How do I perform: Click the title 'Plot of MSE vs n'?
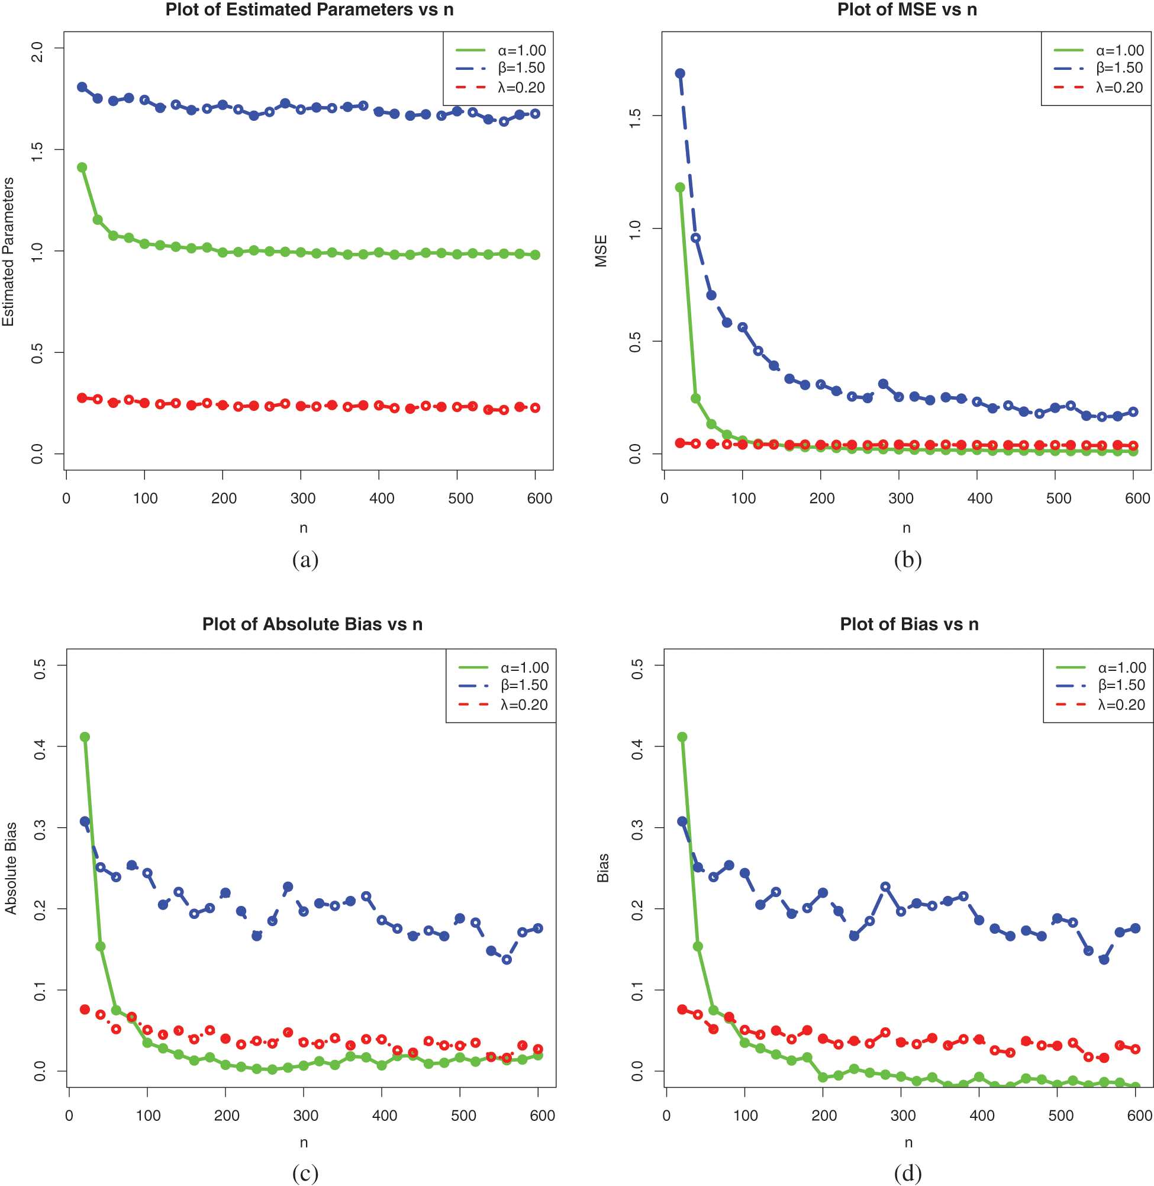(907, 9)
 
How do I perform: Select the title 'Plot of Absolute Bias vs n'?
(312, 625)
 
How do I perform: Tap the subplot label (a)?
(305, 560)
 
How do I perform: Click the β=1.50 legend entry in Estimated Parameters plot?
(521, 68)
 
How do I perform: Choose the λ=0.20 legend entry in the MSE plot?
(1119, 88)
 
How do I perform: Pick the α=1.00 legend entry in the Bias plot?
(1122, 667)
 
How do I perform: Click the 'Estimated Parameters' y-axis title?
(8, 251)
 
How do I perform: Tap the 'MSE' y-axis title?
(601, 251)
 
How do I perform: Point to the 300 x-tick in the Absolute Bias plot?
(305, 1116)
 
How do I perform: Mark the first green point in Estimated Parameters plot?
(82, 168)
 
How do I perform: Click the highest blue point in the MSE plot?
(680, 73)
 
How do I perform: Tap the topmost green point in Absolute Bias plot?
(85, 737)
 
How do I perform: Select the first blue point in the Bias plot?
(682, 821)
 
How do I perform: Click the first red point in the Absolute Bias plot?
(85, 1009)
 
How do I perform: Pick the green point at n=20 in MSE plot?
(680, 187)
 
